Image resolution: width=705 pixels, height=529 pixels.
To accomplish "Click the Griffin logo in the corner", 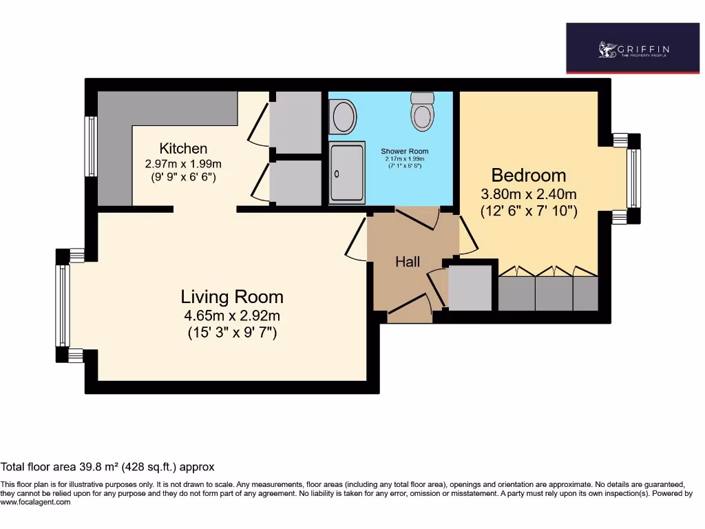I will coord(633,48).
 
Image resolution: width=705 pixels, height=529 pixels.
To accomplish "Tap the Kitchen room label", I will coord(183,148).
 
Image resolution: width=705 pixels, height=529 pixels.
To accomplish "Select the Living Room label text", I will coord(232,297).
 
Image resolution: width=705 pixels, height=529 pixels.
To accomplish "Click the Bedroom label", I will coord(528,175).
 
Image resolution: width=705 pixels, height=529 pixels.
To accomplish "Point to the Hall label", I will coord(408,262).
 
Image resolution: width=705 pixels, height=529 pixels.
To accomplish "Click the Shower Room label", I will coord(405,151).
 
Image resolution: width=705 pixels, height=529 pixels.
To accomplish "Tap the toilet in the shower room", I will coord(423,112).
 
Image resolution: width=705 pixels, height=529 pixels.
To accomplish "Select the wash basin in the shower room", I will coord(342,116).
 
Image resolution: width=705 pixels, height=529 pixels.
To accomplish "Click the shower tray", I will coord(348,174).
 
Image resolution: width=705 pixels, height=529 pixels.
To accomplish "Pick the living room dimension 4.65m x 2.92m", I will coord(232,316).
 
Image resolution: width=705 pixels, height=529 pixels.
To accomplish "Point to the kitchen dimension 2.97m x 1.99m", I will coord(183,164).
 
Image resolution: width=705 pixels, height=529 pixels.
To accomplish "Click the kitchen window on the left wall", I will coord(90,146).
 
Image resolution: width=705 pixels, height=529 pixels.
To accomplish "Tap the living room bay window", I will coord(62,305).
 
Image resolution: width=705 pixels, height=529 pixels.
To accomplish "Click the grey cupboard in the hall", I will coord(470,288).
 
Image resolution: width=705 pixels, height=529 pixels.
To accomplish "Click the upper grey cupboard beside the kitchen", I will coord(295,123).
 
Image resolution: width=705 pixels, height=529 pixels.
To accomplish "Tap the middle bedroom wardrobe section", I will coord(554,293).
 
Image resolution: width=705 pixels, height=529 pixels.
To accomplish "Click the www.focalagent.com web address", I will coord(35,503).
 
